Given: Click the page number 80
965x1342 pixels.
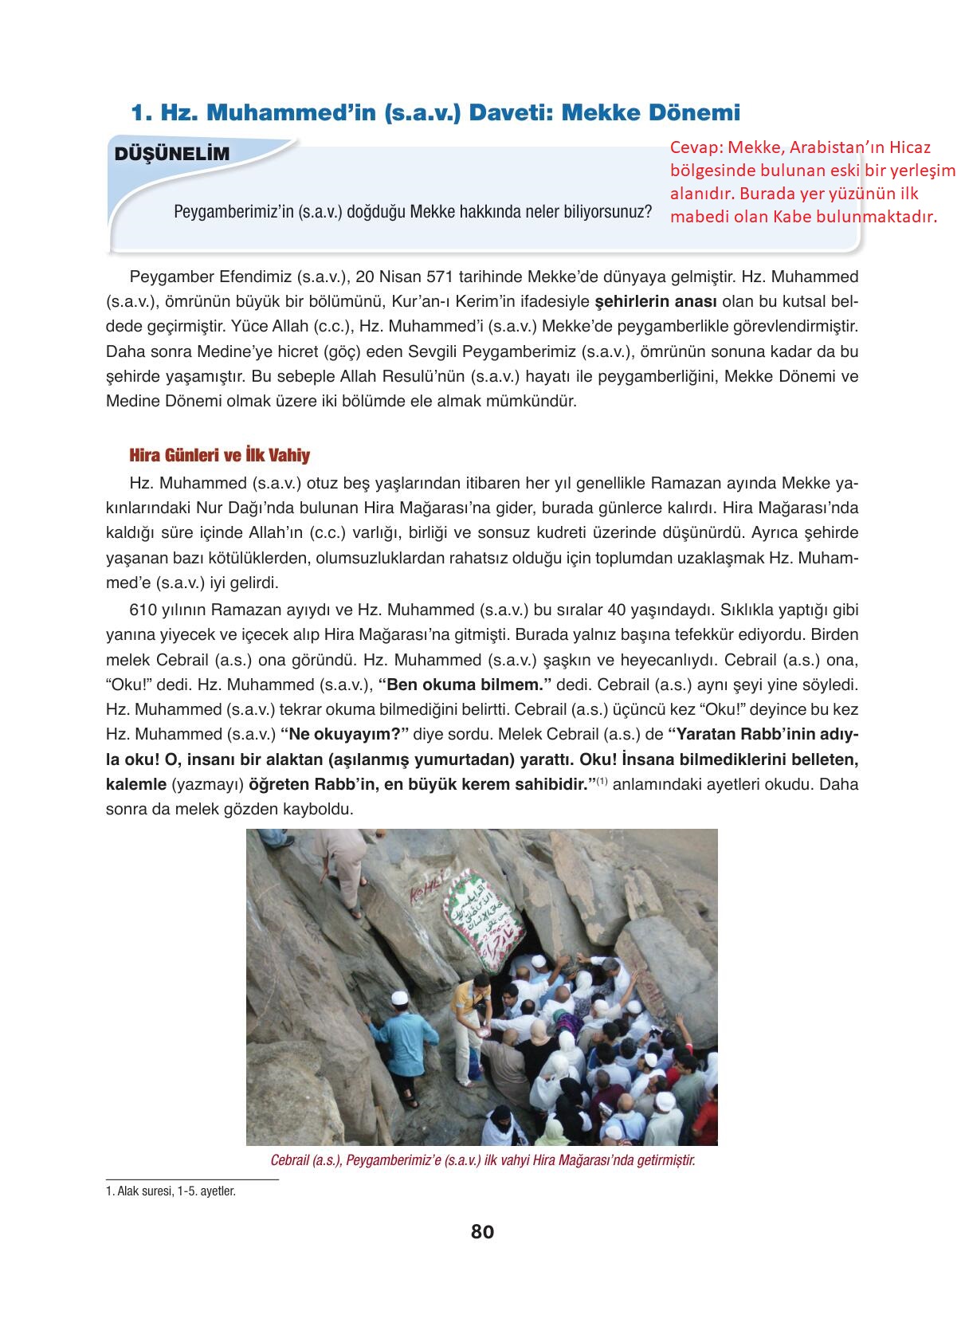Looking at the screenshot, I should [x=482, y=1231].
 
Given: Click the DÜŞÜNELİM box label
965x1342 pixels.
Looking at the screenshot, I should [x=173, y=155].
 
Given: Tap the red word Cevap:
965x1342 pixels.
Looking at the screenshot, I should [x=696, y=148].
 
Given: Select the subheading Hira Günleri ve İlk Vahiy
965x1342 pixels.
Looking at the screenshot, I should [x=219, y=456].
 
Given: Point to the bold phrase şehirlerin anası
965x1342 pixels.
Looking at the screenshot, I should [x=657, y=302].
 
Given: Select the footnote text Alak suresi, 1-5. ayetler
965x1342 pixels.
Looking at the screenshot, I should [x=175, y=1192].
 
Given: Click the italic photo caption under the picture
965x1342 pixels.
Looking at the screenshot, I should [x=482, y=1160].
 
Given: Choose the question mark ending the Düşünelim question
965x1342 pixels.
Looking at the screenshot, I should [x=649, y=214].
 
